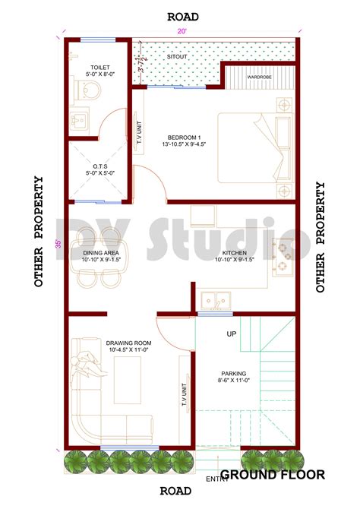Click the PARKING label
[232, 374]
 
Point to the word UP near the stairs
[231, 334]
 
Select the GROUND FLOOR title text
[273, 475]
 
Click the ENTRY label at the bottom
[218, 479]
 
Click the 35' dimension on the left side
[58, 244]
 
